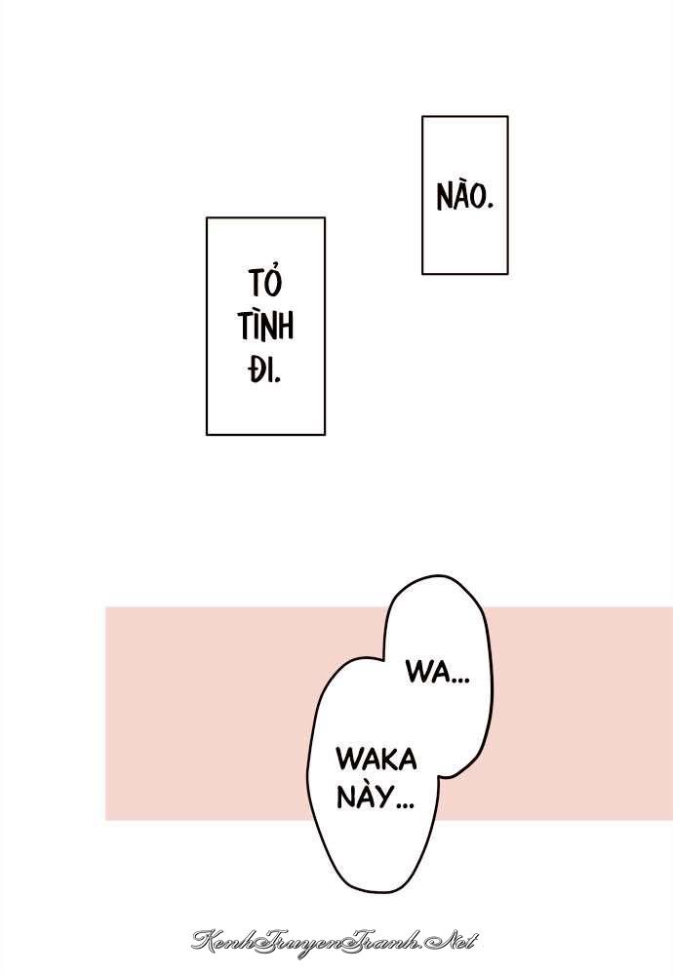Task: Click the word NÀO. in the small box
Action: (x=464, y=195)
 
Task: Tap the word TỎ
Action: (x=265, y=281)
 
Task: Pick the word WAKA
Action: (x=376, y=760)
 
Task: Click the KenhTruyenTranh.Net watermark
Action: (x=334, y=940)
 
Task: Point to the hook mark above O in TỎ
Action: (x=274, y=269)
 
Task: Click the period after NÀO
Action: (x=490, y=206)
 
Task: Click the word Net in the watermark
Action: (x=455, y=940)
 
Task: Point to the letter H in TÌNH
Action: (x=285, y=327)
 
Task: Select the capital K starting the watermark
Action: (x=204, y=940)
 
